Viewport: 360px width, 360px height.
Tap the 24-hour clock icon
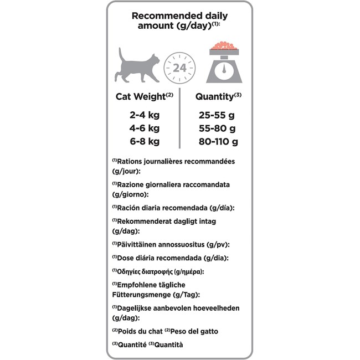pyautogui.click(x=179, y=68)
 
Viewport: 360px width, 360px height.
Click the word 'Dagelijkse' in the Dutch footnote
pyautogui.click(x=139, y=307)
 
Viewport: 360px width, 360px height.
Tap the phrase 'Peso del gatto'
pyautogui.click(x=195, y=331)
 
